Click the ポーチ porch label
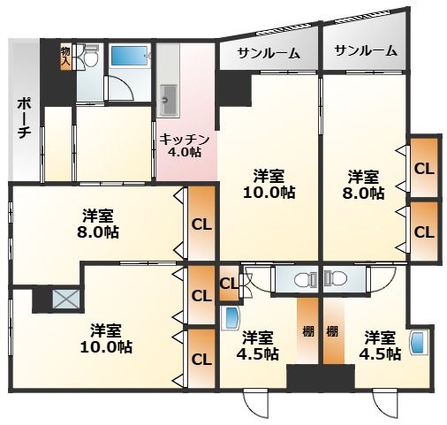click(x=24, y=118)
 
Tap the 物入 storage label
click(x=65, y=56)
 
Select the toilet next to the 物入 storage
click(x=87, y=57)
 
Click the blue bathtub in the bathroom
click(x=129, y=57)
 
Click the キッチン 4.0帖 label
click(x=186, y=144)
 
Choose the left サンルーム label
click(x=268, y=53)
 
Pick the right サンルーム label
click(x=365, y=51)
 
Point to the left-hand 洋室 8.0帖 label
click(x=97, y=224)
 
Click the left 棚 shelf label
click(x=307, y=332)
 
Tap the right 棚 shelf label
click(x=331, y=332)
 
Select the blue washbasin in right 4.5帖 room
click(x=419, y=341)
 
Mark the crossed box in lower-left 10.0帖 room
click(x=65, y=299)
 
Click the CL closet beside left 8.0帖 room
click(x=201, y=224)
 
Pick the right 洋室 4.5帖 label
click(x=379, y=345)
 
